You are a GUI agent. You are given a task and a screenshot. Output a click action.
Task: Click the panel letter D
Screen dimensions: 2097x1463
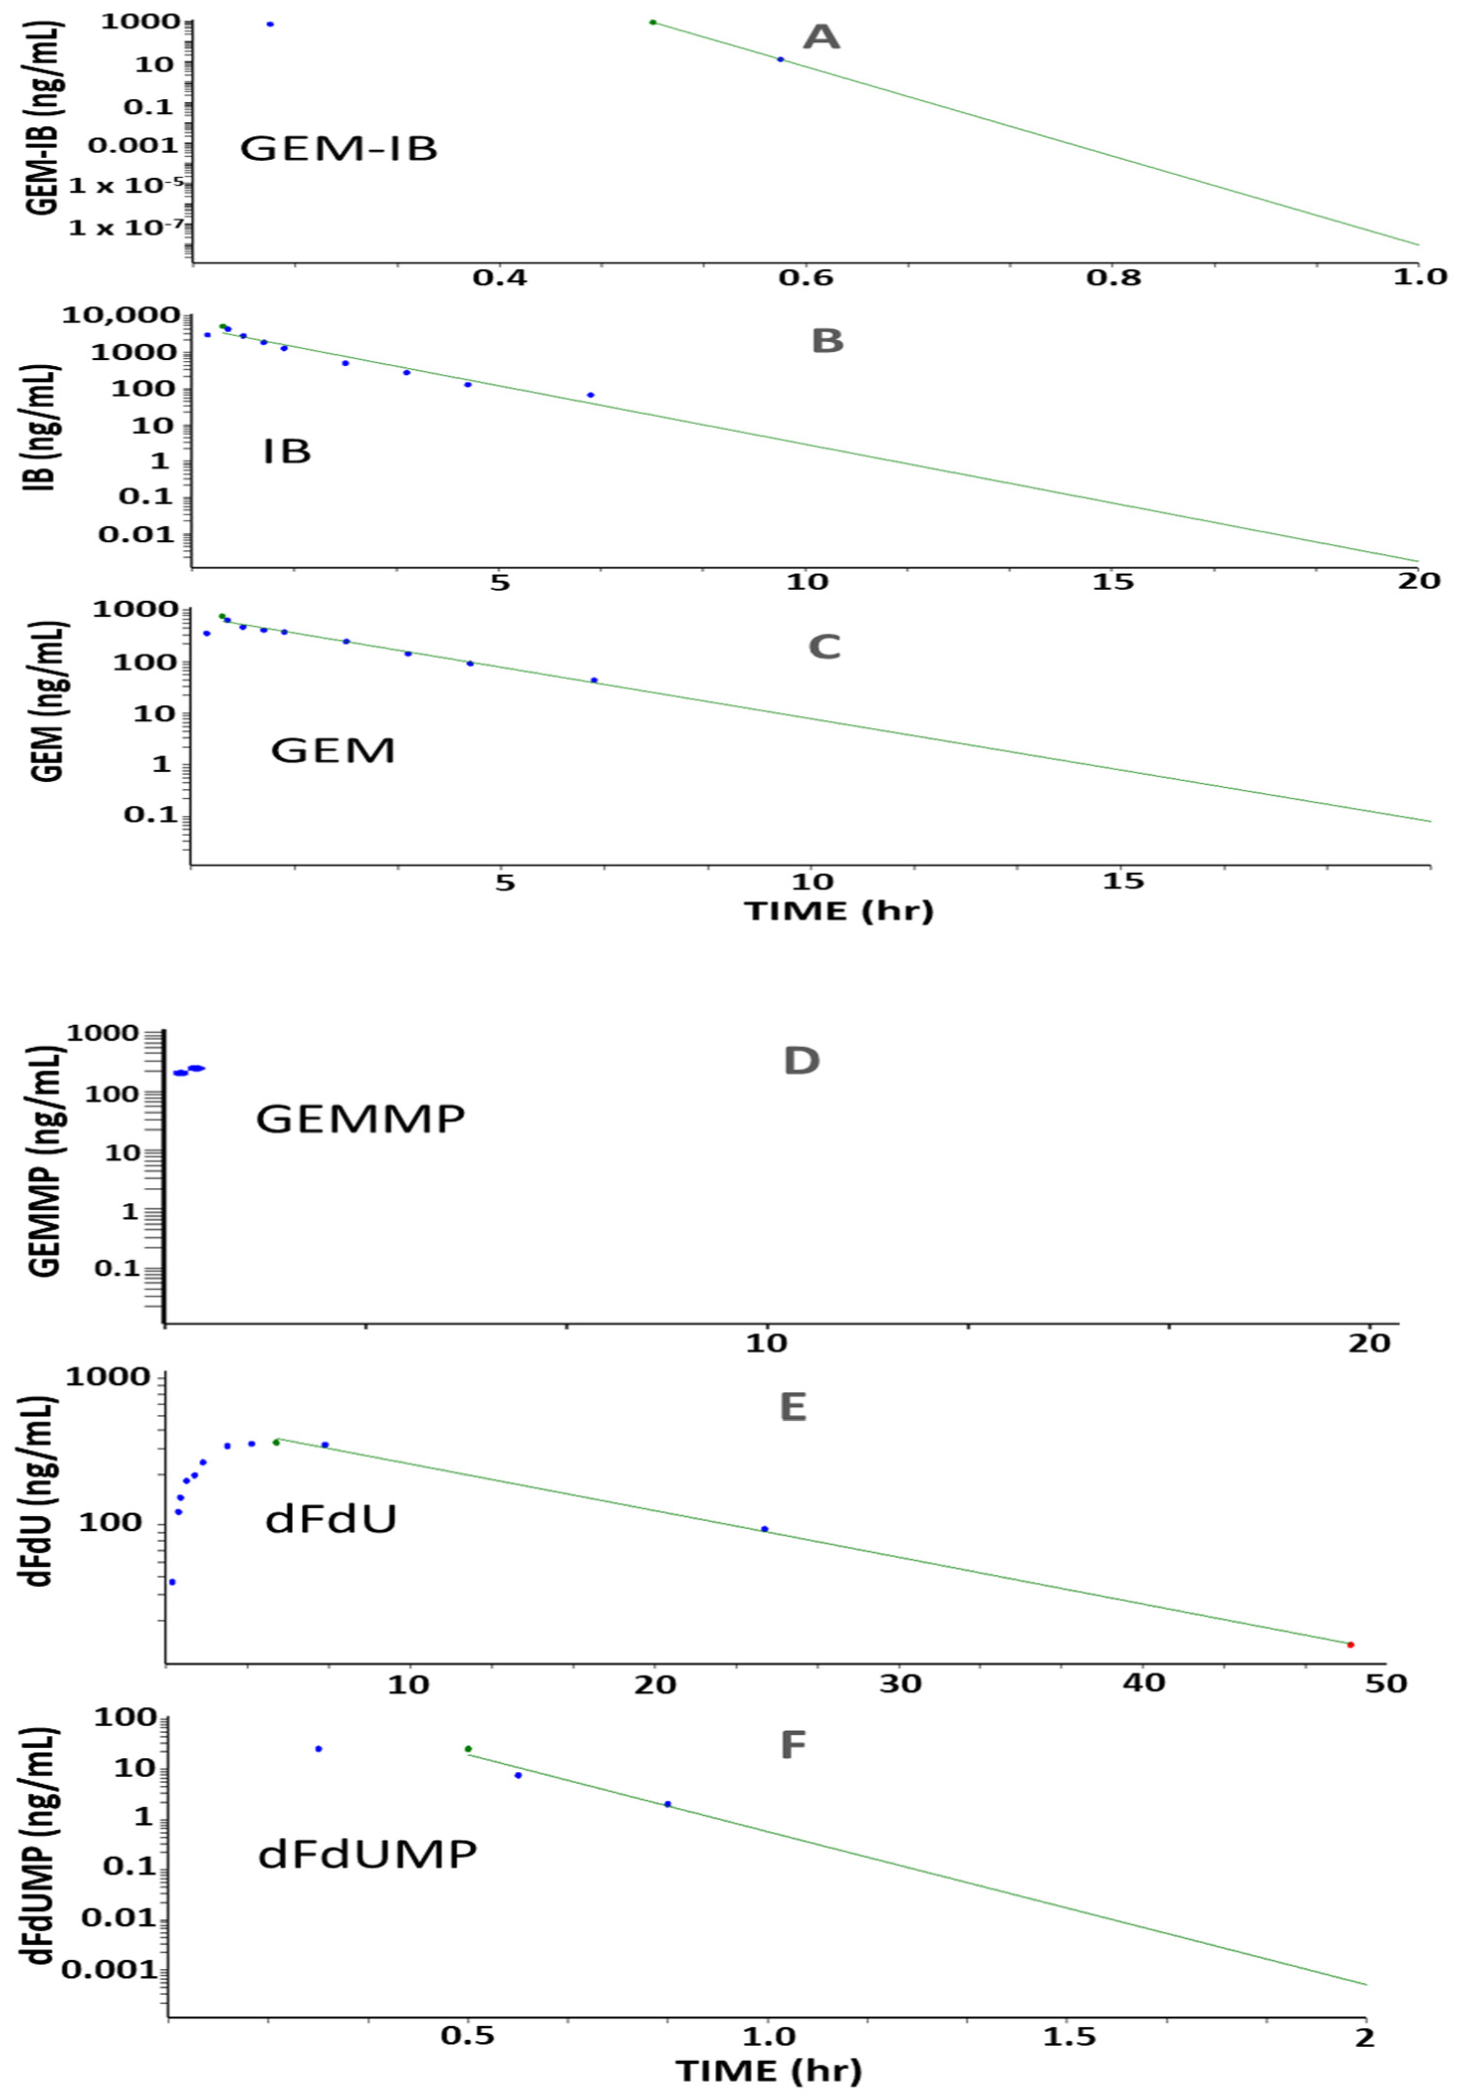tap(801, 1061)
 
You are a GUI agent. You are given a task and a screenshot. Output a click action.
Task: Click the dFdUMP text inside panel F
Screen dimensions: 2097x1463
tap(367, 1855)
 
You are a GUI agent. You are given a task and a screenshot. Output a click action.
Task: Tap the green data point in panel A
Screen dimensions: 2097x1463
tap(653, 22)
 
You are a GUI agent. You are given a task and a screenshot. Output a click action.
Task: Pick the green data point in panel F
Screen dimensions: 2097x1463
tap(468, 1749)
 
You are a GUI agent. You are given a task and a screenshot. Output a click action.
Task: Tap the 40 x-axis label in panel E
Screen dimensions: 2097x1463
tap(1143, 1682)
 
